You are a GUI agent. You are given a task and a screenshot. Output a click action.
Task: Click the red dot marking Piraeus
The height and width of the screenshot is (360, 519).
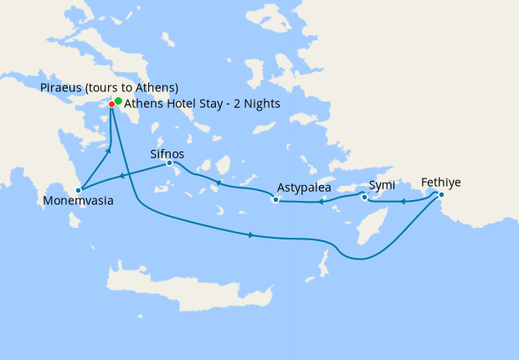point(111,104)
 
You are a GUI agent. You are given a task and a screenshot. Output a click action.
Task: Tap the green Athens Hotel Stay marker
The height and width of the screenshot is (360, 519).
point(118,101)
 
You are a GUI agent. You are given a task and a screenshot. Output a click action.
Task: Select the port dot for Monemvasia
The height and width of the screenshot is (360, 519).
point(78,190)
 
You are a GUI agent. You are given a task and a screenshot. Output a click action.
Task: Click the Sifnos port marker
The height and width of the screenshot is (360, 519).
point(170,163)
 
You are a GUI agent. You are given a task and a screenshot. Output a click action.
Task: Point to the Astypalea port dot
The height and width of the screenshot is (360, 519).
point(275,199)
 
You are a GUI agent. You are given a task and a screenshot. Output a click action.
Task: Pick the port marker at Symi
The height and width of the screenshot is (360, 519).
point(364,198)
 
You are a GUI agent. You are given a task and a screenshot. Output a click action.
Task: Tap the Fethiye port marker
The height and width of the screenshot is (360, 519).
point(441,194)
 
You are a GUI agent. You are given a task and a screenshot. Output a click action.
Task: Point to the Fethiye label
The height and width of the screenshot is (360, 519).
point(440,183)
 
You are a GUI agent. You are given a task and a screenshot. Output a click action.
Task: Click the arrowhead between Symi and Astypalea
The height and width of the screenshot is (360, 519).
point(321,202)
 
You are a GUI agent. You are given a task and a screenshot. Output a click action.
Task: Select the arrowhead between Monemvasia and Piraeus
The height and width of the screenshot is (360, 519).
point(108,151)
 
